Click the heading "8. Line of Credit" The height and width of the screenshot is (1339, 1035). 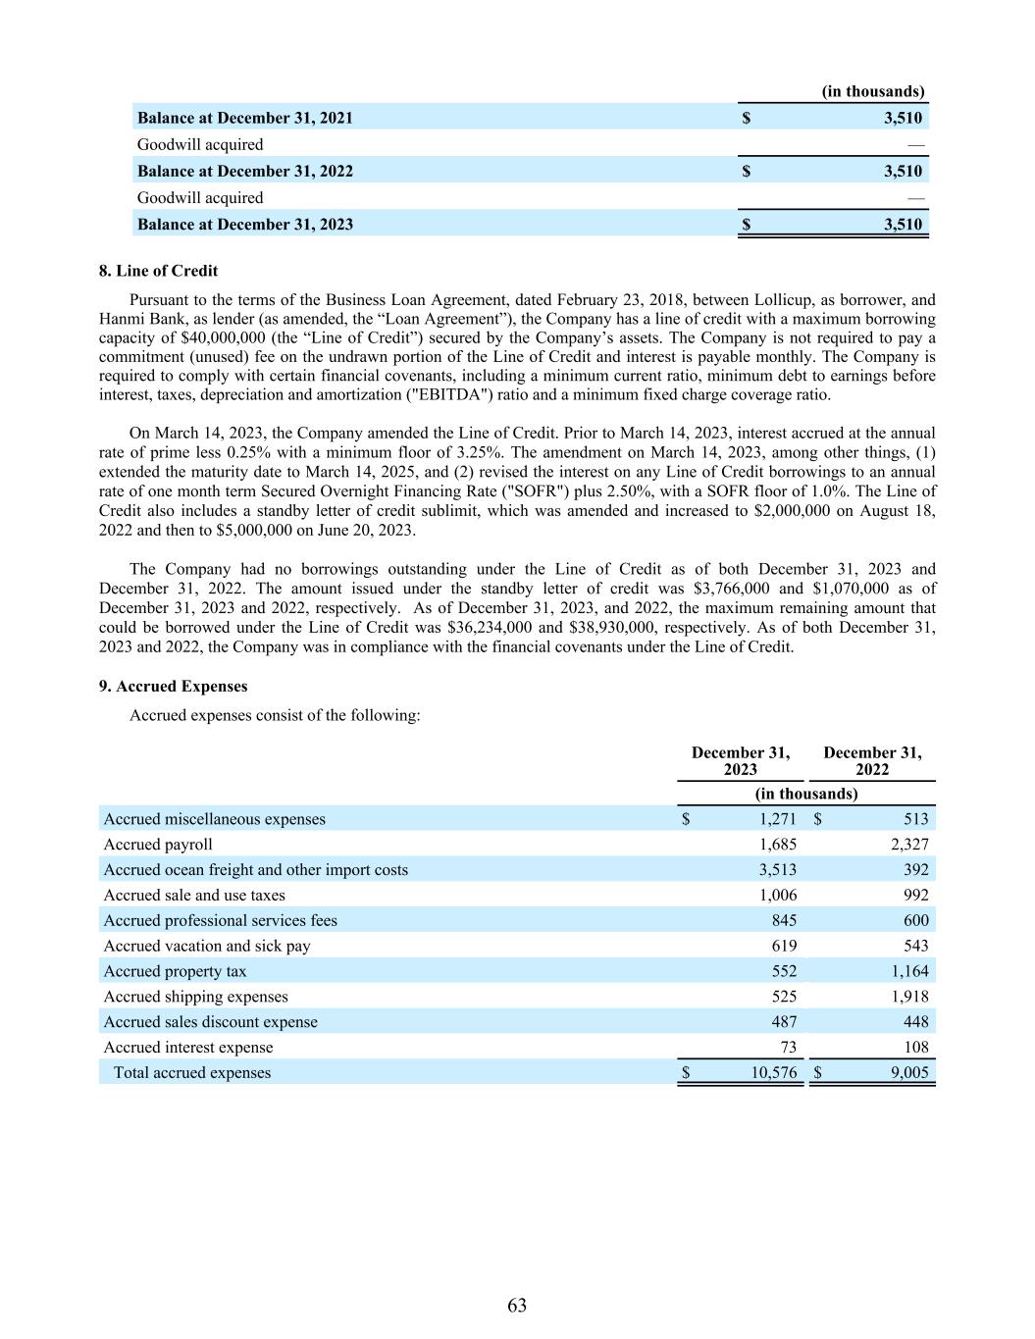point(158,271)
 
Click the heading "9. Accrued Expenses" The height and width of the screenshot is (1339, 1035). point(173,687)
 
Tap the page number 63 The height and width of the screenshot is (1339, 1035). point(517,1305)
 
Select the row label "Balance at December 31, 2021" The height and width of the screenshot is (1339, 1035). point(244,118)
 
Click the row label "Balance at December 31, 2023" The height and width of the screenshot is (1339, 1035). point(244,224)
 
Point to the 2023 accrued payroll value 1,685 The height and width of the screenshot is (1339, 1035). point(778,845)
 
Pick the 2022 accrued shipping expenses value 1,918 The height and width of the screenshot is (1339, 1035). point(909,997)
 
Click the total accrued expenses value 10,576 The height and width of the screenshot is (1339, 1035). point(774,1073)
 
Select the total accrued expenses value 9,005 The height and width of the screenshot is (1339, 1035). point(909,1073)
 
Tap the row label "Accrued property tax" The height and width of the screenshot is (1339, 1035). point(175,971)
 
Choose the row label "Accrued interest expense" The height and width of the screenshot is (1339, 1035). point(188,1048)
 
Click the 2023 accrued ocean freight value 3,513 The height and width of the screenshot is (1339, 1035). point(778,870)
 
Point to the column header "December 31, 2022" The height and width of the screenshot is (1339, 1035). point(872,761)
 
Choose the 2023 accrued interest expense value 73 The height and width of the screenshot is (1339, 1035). point(787,1048)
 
